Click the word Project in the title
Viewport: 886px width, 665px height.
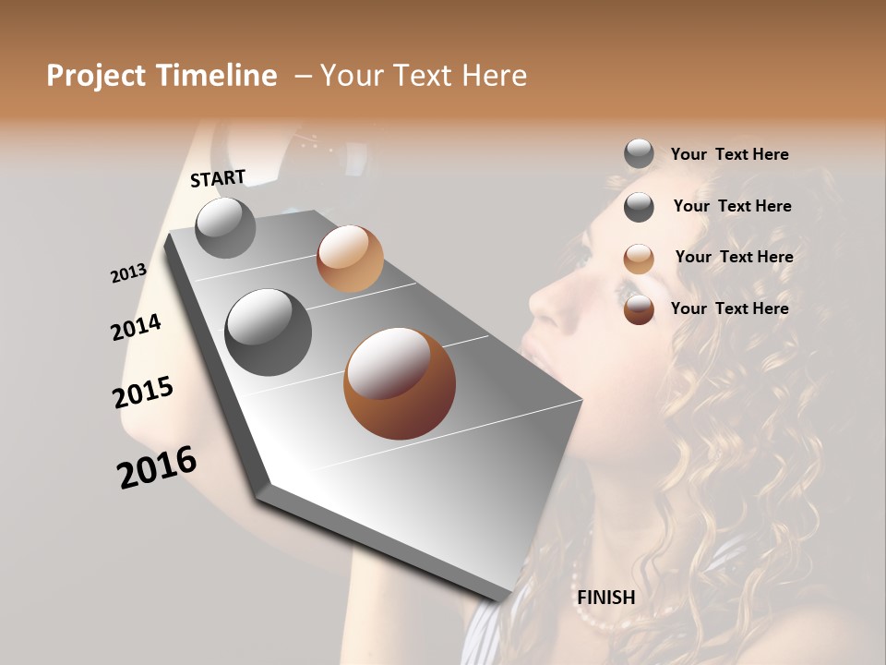point(95,76)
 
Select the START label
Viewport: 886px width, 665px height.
point(218,177)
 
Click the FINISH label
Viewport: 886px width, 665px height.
point(605,598)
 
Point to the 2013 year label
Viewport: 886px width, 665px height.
point(129,273)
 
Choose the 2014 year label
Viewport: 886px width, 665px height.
point(137,327)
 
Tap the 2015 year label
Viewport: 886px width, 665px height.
point(143,393)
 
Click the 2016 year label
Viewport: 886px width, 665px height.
point(157,466)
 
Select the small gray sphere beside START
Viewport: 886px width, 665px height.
point(225,227)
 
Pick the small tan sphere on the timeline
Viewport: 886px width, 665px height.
point(350,258)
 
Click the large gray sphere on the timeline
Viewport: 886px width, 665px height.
point(269,332)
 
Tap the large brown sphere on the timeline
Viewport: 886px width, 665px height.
point(400,383)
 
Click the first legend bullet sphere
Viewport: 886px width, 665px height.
point(639,153)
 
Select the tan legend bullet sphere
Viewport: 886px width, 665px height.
point(639,259)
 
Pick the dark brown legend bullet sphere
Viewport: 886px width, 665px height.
point(639,309)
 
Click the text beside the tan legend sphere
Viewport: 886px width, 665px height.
point(734,257)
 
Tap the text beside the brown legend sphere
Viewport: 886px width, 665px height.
point(730,308)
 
